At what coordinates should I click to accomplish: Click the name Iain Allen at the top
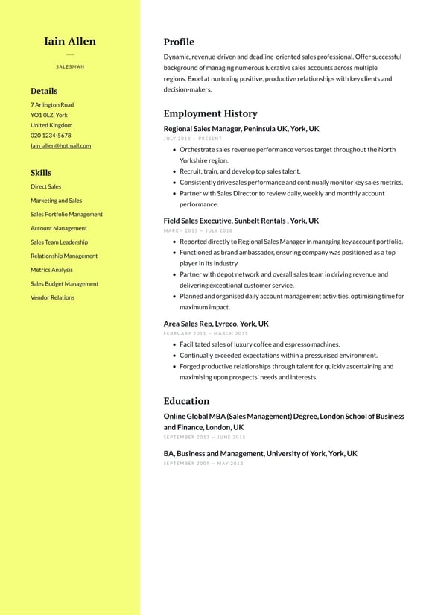70,41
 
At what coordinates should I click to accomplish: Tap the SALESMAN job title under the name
70,66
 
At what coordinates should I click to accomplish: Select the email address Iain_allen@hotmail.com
60,145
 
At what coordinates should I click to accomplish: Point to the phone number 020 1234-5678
51,136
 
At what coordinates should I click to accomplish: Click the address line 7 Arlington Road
52,105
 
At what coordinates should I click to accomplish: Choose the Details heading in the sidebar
44,91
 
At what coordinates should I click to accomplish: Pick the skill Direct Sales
46,186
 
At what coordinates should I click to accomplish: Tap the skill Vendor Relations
52,297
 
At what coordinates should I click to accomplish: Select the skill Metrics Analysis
51,270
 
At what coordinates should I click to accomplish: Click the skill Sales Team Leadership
59,242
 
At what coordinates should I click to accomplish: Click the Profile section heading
179,42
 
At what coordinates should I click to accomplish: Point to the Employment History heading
210,113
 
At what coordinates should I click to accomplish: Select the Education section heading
186,400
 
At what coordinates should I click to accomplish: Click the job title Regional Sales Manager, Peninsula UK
241,129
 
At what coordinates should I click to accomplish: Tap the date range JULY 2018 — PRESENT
193,139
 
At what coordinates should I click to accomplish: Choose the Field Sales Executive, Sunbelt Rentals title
241,221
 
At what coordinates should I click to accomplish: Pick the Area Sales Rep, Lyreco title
216,324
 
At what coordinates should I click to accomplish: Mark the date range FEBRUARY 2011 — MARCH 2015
206,333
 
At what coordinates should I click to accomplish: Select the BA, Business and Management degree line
260,453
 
